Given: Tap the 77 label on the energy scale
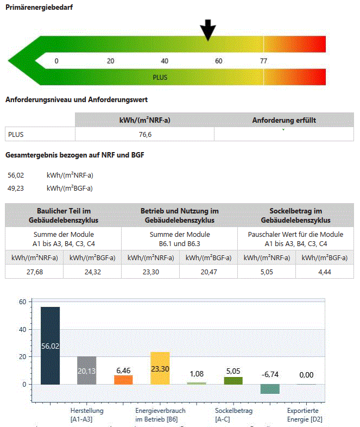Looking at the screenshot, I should tap(263, 61).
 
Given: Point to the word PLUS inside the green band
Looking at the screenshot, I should tap(160, 77).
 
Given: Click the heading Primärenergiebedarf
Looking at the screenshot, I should tap(39, 8).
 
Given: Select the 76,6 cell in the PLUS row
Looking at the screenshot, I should tap(144, 134).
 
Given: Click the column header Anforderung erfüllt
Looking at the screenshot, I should tap(284, 120).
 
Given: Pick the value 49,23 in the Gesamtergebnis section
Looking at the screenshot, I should tap(16, 189).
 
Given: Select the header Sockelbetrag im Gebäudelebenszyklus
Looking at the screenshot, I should tap(295, 216).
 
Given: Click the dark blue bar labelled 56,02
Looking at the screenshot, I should tap(50, 346).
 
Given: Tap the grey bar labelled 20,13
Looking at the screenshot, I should tap(87, 371).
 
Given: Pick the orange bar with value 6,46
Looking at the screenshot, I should tap(123, 380).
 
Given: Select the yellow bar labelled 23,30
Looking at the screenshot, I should tap(160, 368).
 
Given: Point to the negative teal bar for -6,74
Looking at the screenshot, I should tap(270, 389).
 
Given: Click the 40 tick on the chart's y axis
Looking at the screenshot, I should tap(22, 329).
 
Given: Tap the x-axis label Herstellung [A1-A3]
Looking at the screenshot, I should tap(87, 415).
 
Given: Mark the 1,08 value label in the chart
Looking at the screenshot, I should tap(197, 374).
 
